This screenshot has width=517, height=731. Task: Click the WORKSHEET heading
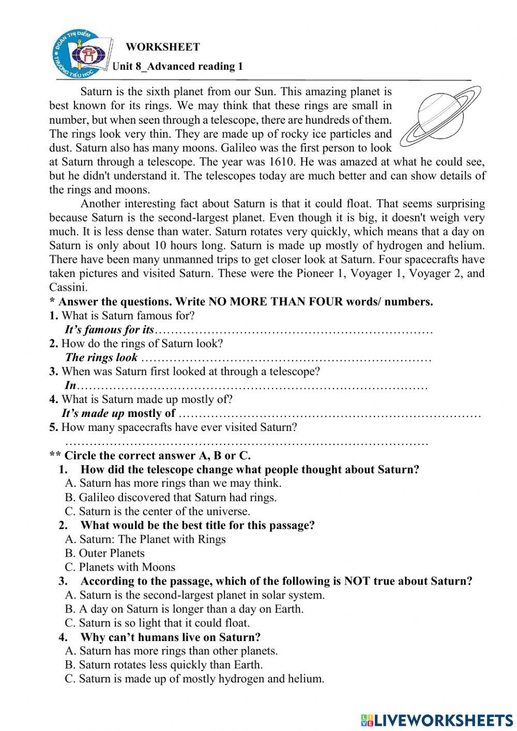(x=163, y=47)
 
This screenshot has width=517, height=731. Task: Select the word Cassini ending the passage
(x=69, y=287)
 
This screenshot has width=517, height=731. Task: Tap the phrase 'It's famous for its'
(x=109, y=330)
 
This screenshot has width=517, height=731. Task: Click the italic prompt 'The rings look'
(x=101, y=357)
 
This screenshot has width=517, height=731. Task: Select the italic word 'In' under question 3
(x=70, y=385)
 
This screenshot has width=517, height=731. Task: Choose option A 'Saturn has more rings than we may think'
(x=173, y=483)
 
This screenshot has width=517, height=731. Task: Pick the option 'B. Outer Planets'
(x=105, y=553)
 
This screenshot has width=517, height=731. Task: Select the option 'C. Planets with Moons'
(x=120, y=567)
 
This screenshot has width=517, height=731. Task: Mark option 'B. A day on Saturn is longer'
(x=184, y=609)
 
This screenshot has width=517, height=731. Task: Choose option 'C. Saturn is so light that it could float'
(x=157, y=623)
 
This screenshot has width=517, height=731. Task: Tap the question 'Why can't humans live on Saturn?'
(x=170, y=637)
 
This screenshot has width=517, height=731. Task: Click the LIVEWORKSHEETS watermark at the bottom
(x=437, y=720)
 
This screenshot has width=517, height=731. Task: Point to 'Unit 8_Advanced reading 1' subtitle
(x=177, y=66)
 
